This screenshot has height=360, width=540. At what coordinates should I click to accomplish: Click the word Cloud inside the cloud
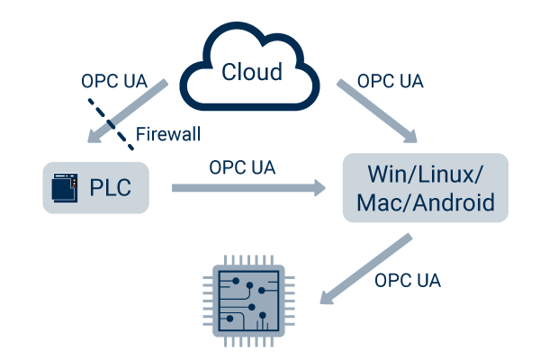click(252, 72)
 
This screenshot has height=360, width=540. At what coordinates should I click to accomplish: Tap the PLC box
click(94, 188)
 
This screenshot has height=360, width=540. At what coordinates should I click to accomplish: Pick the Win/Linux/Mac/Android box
click(426, 188)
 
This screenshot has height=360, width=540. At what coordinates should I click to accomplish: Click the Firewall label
click(167, 135)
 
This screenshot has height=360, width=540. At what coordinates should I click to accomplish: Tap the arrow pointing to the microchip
click(364, 269)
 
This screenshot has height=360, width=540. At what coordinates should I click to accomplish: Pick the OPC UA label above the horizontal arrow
click(242, 167)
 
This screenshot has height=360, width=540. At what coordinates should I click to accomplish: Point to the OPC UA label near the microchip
click(408, 281)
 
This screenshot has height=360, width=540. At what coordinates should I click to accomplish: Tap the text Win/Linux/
click(426, 172)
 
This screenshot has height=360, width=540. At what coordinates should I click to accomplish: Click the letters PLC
click(110, 188)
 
